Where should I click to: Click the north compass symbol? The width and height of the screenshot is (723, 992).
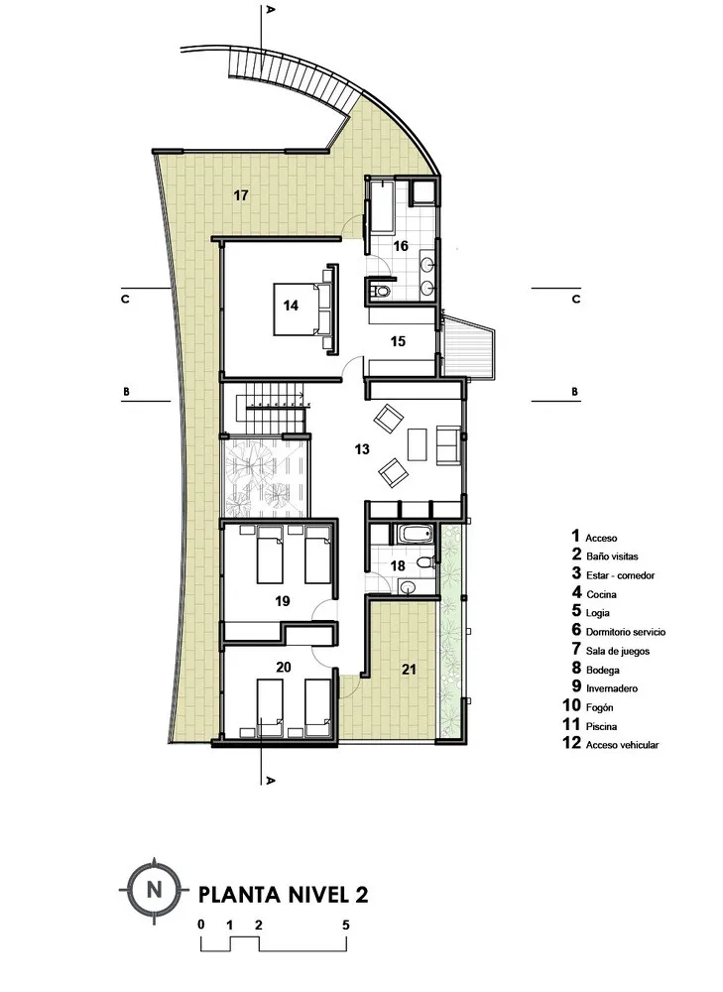pyautogui.click(x=154, y=889)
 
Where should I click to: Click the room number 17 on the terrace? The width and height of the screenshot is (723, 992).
pyautogui.click(x=241, y=194)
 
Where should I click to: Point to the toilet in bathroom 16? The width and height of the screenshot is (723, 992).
pyautogui.click(x=378, y=291)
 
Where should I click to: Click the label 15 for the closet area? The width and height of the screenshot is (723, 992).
pyautogui.click(x=398, y=341)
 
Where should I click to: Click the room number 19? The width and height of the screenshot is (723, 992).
pyautogui.click(x=282, y=600)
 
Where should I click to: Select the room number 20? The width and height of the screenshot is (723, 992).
pyautogui.click(x=283, y=667)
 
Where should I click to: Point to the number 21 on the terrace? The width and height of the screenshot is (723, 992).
pyautogui.click(x=410, y=669)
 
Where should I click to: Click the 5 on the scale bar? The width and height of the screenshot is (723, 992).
pyautogui.click(x=346, y=925)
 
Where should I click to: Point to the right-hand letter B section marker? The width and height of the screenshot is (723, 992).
pyautogui.click(x=574, y=392)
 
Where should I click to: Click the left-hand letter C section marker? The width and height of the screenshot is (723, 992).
pyautogui.click(x=126, y=297)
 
